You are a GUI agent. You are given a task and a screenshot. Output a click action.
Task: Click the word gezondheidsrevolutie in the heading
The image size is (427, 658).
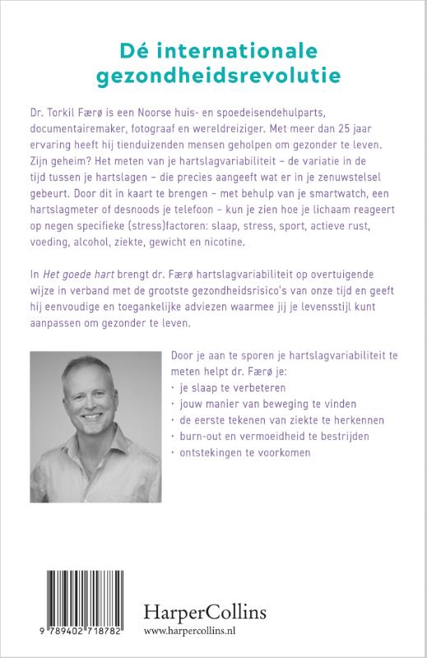213,76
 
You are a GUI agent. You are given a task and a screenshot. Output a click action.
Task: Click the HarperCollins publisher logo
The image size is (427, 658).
251,610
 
